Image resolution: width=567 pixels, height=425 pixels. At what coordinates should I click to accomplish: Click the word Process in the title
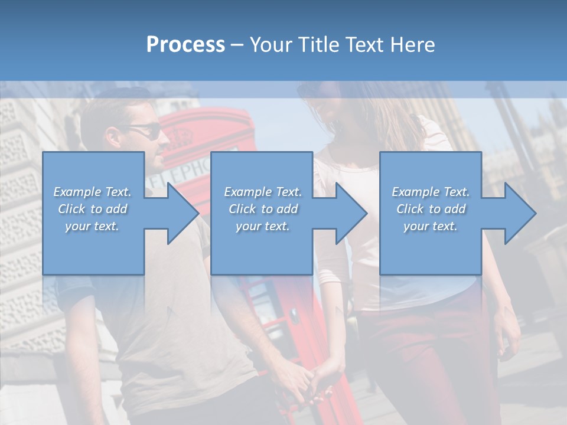coord(185,44)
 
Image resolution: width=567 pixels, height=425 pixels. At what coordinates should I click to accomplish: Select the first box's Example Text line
coord(92,192)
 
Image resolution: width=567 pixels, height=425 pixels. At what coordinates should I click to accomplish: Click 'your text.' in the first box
coord(92,226)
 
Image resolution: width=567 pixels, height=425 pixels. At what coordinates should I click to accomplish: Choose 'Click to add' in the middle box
coord(263,209)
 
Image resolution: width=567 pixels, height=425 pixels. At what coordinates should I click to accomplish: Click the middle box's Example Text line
coord(263,192)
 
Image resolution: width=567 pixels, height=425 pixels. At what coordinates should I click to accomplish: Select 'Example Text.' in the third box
coord(431,192)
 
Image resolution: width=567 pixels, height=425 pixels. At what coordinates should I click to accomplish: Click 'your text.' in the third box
coord(431,226)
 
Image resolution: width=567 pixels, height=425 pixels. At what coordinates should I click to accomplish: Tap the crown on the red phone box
coord(180,138)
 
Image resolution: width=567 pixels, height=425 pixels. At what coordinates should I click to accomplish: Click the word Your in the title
coord(272,44)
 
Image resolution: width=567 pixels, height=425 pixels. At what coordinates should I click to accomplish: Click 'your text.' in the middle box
coord(263,226)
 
